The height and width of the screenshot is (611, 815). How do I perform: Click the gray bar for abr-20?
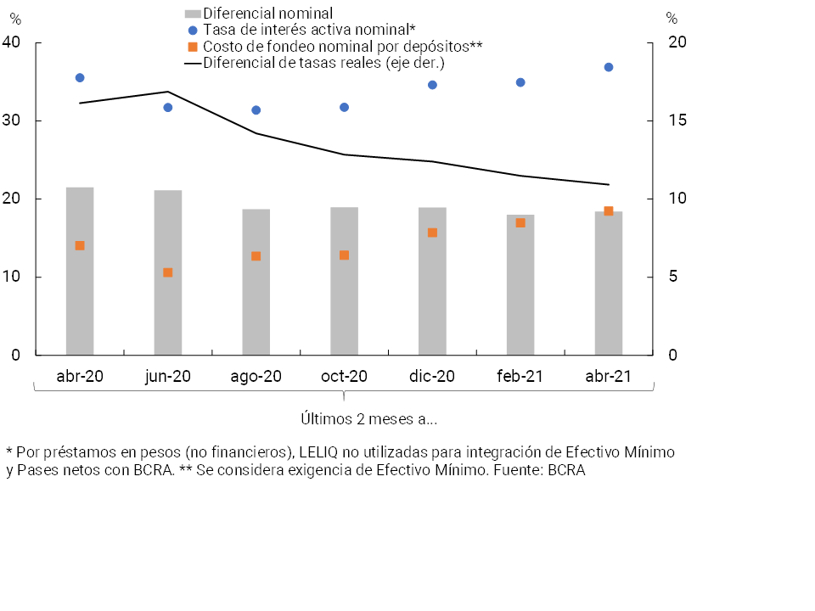coord(80,271)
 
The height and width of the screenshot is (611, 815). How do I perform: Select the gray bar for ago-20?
coord(256,282)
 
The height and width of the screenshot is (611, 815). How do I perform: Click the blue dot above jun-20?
coord(168,108)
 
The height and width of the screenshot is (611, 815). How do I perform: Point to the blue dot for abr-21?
coord(609,67)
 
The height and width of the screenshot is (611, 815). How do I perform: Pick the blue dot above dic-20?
coord(432,85)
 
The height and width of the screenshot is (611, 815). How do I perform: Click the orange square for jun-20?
coord(168,272)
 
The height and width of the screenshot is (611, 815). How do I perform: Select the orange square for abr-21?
coord(609,211)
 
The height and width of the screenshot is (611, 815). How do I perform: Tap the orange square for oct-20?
coord(344,255)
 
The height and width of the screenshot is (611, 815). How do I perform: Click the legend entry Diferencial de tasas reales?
coord(323,63)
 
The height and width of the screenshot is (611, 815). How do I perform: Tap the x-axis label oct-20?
coord(345,377)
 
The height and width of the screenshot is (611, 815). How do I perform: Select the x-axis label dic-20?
coord(432,377)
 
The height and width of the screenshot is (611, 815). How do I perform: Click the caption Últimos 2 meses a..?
coord(369,419)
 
